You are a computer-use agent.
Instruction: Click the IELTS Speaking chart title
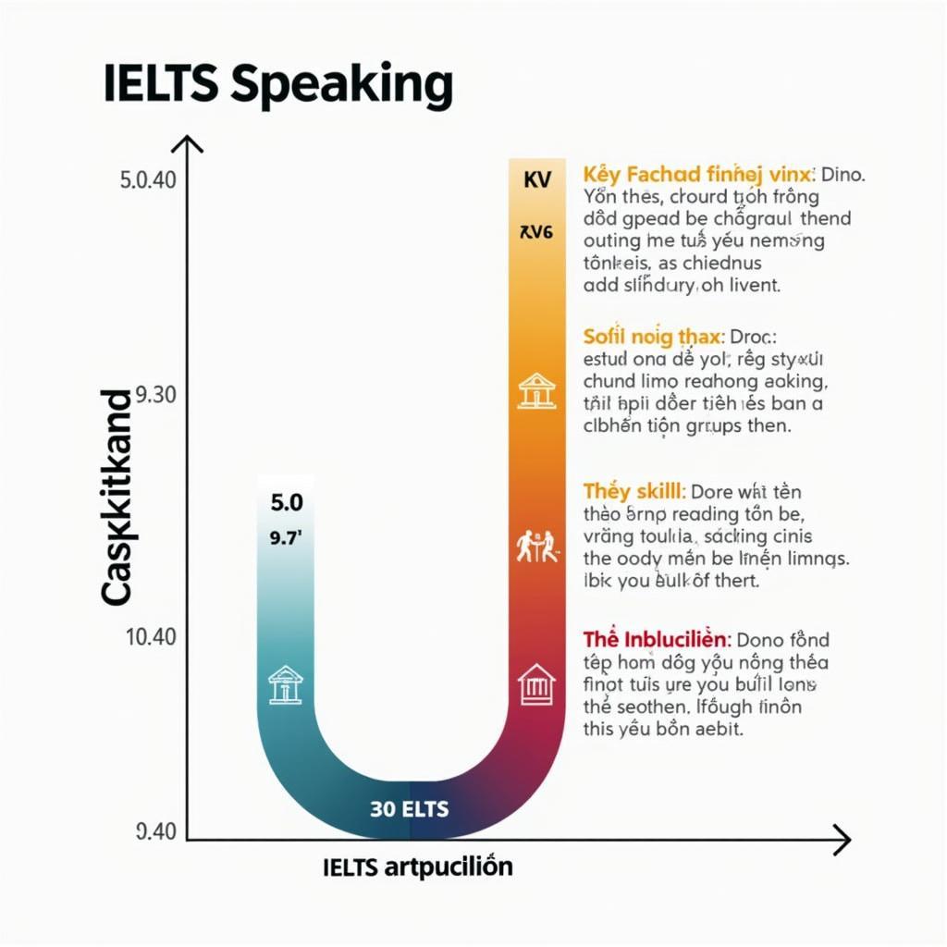[278, 85]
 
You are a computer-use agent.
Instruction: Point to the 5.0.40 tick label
[147, 180]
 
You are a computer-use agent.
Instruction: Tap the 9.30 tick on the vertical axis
[155, 396]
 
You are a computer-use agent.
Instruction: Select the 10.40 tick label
[150, 637]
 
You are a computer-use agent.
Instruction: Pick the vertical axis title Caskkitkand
[117, 498]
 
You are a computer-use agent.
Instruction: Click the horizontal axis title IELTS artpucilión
[418, 867]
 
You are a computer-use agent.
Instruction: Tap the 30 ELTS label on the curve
[409, 809]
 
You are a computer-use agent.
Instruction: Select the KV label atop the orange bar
[536, 179]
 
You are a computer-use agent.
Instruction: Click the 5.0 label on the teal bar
[286, 503]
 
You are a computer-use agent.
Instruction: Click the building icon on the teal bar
[286, 684]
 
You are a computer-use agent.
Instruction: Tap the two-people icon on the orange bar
[536, 546]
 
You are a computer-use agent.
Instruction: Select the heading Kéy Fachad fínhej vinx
[698, 173]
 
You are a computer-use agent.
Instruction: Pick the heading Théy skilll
[633, 491]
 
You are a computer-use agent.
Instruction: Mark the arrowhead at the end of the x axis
[842, 840]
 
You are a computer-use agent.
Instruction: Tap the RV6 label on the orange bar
[536, 232]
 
